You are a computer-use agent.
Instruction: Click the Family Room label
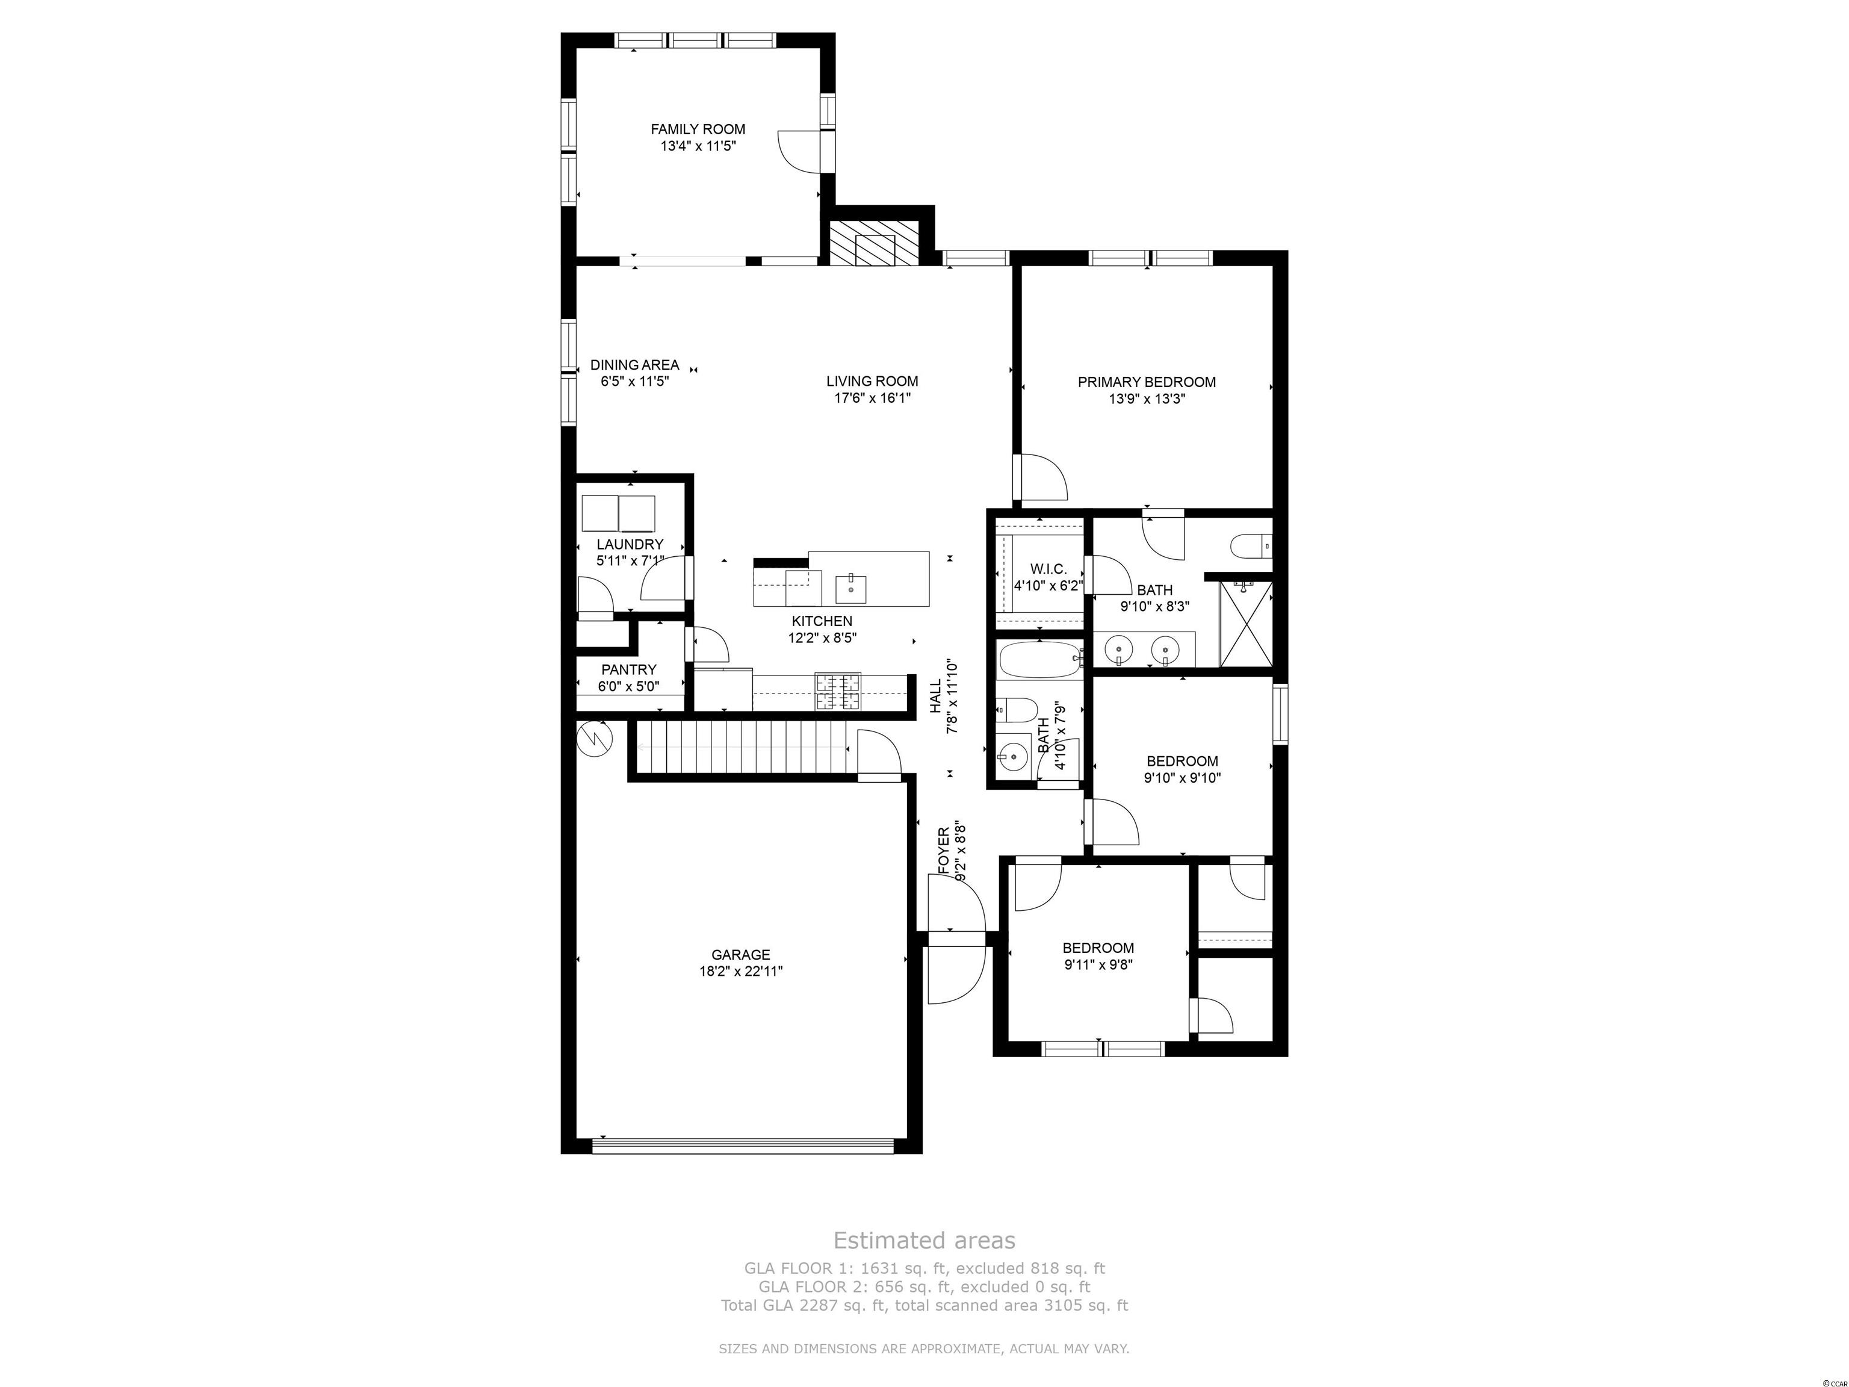pos(698,129)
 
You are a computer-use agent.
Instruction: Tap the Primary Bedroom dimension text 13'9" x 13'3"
pos(1147,400)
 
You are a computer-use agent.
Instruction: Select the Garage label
pos(740,955)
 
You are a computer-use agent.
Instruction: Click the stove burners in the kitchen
pos(838,692)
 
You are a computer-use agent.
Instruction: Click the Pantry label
pos(628,669)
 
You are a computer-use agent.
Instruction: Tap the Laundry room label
pos(630,544)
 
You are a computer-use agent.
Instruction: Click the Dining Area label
pos(634,365)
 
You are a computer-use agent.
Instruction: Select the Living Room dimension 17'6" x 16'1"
pos(872,399)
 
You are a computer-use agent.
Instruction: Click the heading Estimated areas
pos(924,1240)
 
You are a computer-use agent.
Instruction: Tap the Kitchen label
pos(822,621)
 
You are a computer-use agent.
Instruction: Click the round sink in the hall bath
pos(1014,757)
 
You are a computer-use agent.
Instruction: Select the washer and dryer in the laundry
pos(619,514)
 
